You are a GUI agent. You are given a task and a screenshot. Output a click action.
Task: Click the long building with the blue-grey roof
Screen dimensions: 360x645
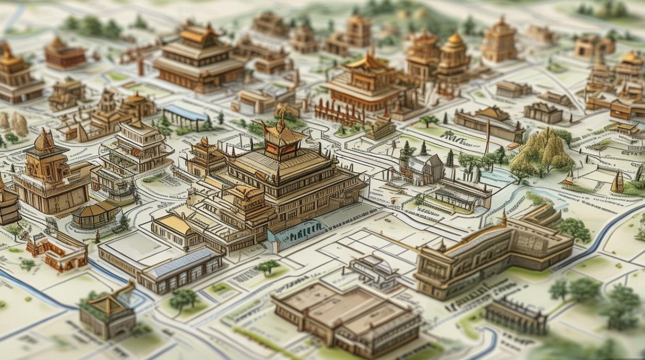181,269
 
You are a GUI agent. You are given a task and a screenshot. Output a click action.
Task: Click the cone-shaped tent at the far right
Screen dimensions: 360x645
618,183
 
